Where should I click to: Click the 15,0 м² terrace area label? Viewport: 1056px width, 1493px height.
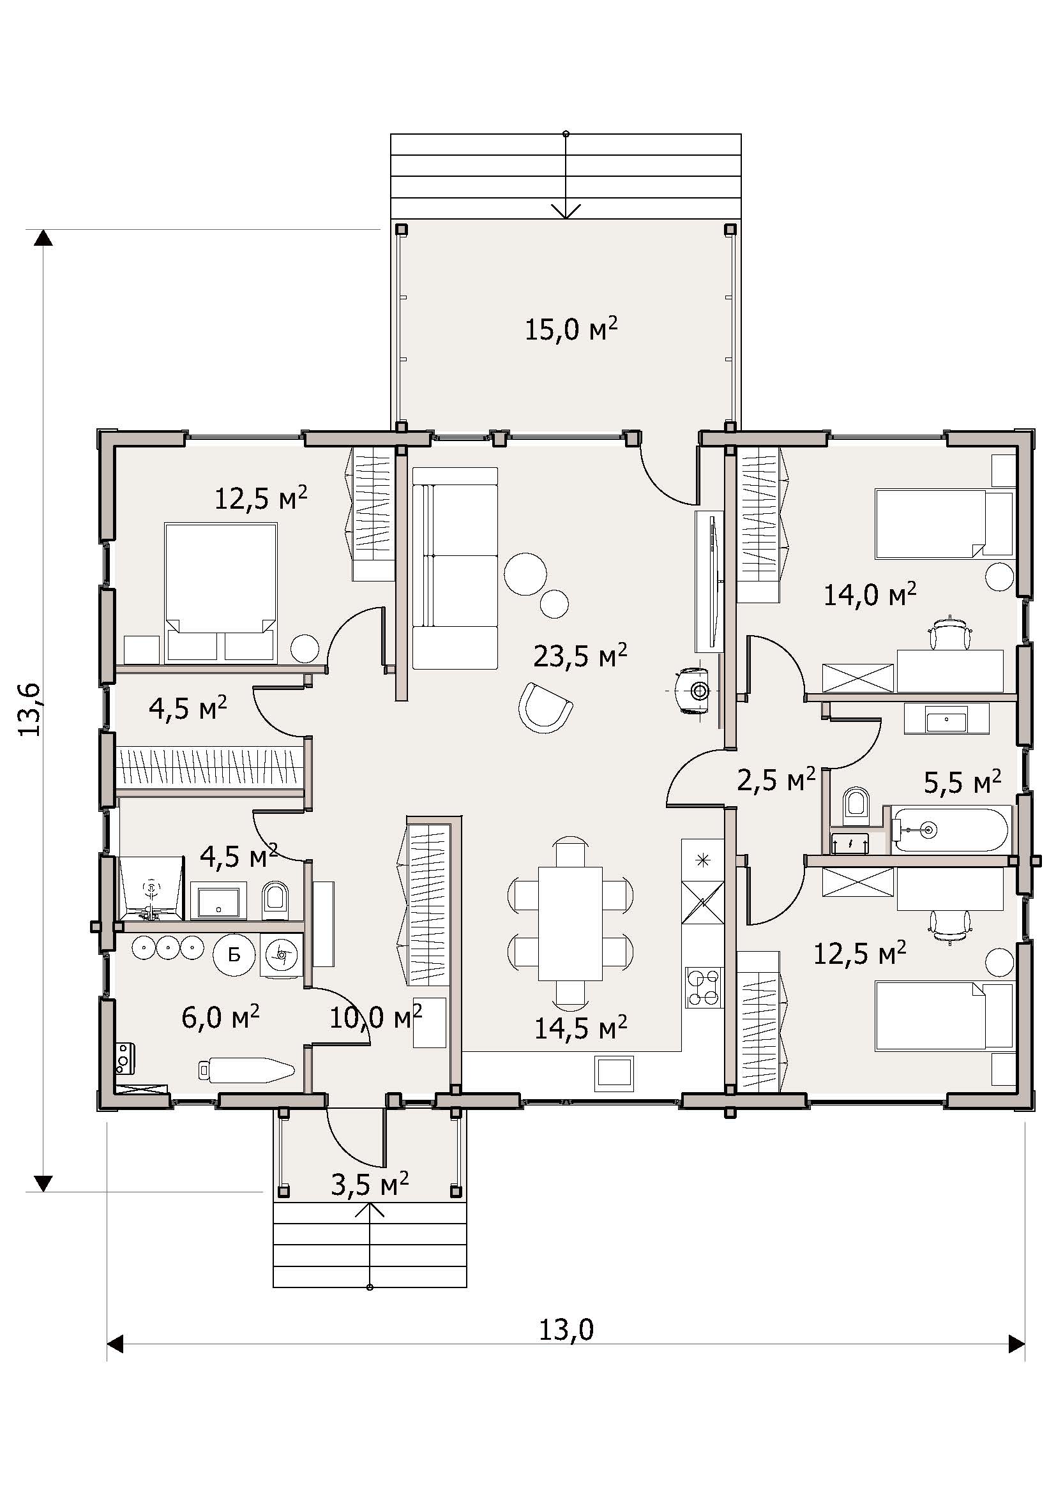571,329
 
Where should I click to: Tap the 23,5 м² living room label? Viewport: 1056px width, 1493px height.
580,656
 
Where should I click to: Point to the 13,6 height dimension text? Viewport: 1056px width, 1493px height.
31,709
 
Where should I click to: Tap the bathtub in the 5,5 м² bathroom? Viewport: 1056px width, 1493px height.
950,829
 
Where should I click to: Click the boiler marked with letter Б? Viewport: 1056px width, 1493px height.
234,954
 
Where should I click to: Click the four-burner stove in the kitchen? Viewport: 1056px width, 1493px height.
703,987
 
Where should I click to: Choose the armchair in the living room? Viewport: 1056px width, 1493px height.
545,707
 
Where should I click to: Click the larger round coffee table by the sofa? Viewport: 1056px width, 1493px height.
525,573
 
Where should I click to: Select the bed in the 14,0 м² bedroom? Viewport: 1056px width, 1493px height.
944,524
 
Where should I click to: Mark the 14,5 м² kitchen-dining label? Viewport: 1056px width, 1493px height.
580,1028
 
